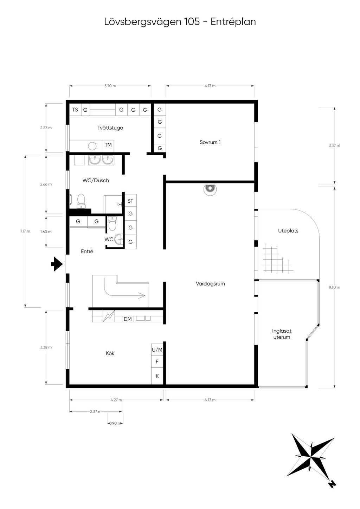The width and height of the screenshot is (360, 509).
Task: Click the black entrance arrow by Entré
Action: pos(57,264)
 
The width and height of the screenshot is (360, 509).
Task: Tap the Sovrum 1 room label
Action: pos(210,142)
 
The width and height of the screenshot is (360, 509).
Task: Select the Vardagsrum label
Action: pos(210,283)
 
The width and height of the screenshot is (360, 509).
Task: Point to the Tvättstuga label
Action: pos(110,128)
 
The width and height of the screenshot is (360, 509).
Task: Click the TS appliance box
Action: pos(75,110)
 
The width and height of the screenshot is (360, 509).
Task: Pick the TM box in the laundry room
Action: pos(108,145)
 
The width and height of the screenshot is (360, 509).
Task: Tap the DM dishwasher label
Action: pos(128,319)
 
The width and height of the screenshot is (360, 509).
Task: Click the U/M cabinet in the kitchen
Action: pos(157,350)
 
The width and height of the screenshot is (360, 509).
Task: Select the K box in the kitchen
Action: pos(157,376)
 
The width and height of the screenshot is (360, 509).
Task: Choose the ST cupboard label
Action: pos(130,201)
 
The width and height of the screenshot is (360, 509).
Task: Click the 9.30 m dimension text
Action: pos(334,287)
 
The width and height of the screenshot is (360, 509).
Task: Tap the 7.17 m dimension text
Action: pos(25,231)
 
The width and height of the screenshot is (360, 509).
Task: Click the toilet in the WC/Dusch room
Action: pos(81,201)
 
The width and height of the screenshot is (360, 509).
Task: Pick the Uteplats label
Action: pos(288,231)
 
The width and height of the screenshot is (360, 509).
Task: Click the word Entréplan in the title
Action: pos(233,22)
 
